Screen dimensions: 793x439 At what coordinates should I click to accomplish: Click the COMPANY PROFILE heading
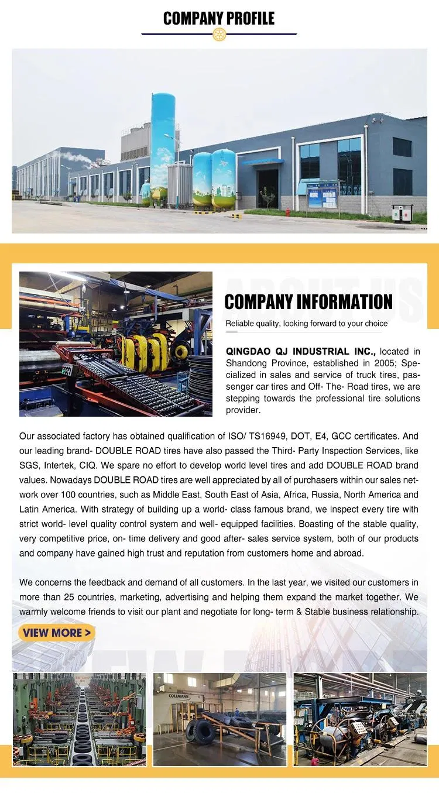point(219,19)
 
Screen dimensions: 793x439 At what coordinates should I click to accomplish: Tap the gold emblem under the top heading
point(219,35)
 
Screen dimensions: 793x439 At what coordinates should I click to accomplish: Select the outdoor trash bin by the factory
point(402,213)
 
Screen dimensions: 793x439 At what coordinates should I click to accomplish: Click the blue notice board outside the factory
point(323,195)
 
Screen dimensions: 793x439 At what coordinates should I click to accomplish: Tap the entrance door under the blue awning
point(267,187)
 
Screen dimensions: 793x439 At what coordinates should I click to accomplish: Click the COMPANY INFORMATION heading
point(308,302)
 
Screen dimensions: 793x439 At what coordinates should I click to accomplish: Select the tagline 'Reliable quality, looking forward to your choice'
point(307,324)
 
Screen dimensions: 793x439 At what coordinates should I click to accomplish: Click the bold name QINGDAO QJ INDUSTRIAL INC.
point(301,352)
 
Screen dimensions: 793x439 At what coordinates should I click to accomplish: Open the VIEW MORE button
point(57,633)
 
